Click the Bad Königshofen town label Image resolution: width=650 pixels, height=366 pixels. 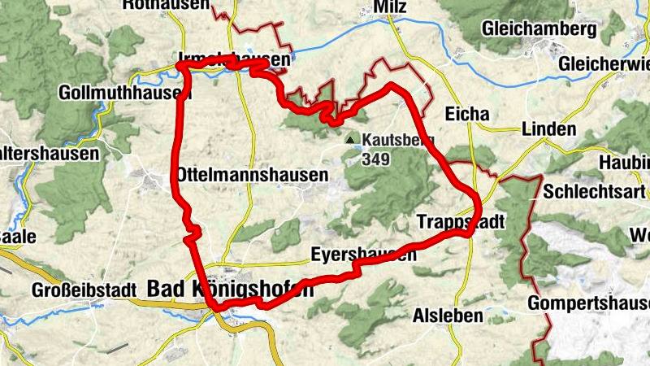coord(230,288)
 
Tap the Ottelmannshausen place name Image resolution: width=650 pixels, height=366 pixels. coord(252,175)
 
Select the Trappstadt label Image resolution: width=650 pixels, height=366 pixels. coord(461,222)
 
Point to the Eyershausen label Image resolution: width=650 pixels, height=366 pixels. coord(363,255)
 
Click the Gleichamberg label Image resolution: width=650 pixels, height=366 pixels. coord(533,29)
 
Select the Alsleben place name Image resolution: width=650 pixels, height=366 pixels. coord(448,315)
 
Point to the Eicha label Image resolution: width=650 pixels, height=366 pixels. coord(467,115)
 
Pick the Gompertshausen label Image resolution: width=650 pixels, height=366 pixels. coord(588,303)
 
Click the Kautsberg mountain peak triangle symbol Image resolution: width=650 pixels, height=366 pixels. coord(350,140)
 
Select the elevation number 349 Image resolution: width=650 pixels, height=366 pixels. coord(377,159)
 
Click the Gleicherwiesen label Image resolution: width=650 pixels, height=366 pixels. coord(604,63)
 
